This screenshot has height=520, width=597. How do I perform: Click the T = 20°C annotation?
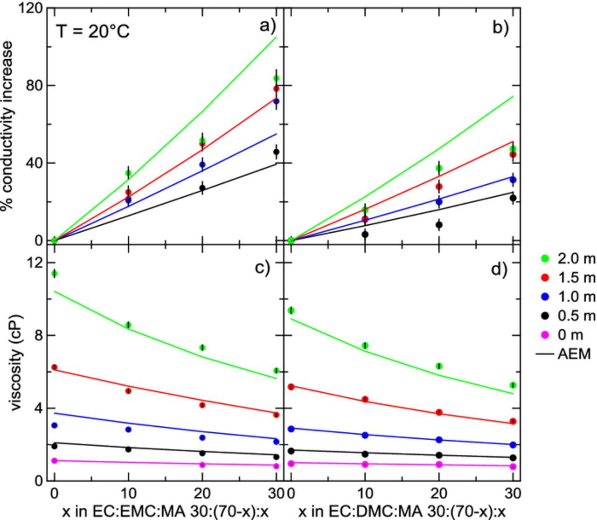click(x=93, y=32)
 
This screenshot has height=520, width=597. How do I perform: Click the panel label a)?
click(x=268, y=26)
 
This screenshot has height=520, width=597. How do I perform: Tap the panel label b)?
click(x=500, y=28)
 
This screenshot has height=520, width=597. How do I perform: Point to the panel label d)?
click(x=499, y=269)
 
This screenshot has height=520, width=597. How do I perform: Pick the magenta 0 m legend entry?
click(x=562, y=335)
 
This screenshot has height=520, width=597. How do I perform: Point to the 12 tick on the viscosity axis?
click(x=36, y=262)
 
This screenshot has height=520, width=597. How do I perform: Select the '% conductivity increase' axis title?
click(x=7, y=126)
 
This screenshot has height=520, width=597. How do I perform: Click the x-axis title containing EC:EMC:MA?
click(x=166, y=512)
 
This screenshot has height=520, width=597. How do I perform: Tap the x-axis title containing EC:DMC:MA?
click(x=402, y=512)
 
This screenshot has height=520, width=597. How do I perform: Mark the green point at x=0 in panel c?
click(x=55, y=273)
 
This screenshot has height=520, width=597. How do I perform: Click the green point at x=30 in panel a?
click(x=276, y=78)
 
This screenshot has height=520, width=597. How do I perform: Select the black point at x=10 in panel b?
click(x=365, y=235)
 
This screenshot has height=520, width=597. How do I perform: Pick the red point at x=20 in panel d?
click(x=439, y=412)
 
